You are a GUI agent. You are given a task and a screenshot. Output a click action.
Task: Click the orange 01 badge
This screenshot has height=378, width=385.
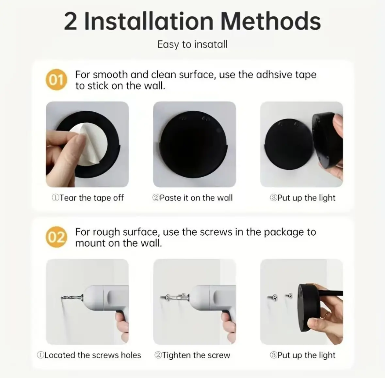(56, 80)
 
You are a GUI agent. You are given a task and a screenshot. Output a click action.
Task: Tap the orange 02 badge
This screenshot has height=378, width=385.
(56, 237)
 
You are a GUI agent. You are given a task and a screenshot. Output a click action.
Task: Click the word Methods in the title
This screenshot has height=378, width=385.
(271, 21)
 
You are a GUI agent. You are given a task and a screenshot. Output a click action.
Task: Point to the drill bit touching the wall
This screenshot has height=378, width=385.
(72, 298)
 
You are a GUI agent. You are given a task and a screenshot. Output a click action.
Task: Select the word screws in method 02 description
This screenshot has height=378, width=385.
(216, 232)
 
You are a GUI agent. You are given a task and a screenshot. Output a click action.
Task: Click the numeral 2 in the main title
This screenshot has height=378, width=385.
(71, 22)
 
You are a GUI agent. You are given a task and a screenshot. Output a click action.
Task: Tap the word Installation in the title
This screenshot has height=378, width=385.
(149, 21)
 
